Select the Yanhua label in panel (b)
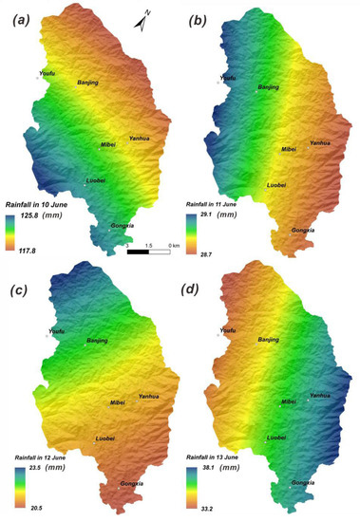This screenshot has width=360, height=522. click(321, 142)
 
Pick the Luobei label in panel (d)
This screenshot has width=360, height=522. click(276, 438)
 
